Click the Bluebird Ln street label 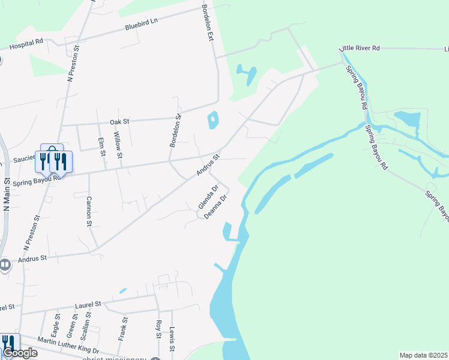[140, 24]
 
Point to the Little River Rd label [360, 47]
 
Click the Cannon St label [88, 211]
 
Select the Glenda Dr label [205, 198]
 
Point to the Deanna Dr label [216, 206]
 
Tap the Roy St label [158, 330]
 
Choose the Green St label [71, 325]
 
